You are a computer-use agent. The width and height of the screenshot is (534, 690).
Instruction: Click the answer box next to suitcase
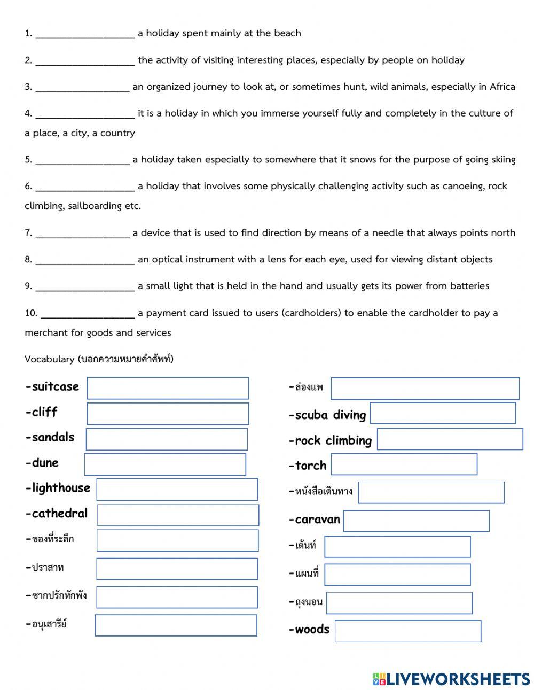[x=168, y=388]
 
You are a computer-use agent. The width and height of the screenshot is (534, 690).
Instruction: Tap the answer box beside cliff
[x=168, y=414]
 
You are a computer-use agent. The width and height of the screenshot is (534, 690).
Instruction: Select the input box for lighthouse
[x=177, y=490]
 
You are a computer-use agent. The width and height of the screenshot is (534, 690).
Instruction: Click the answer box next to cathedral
[x=178, y=515]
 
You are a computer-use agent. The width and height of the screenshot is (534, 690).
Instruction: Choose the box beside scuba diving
[x=443, y=413]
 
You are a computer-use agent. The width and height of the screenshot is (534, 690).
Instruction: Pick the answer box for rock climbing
[x=450, y=439]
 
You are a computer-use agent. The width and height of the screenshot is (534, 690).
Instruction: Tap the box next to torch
[x=404, y=464]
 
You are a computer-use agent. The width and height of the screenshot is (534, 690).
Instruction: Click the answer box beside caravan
[x=416, y=521]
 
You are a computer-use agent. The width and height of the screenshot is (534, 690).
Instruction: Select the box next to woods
[x=407, y=631]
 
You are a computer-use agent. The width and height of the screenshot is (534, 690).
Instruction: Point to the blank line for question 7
[x=82, y=234]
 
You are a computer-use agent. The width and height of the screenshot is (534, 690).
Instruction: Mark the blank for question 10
[x=88, y=314]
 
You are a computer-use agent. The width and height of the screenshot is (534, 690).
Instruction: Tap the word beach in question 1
[x=287, y=33]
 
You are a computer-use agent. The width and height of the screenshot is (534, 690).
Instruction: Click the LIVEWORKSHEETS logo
[x=451, y=679]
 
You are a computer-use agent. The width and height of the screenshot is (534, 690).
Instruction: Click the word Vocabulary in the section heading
[x=49, y=359]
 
